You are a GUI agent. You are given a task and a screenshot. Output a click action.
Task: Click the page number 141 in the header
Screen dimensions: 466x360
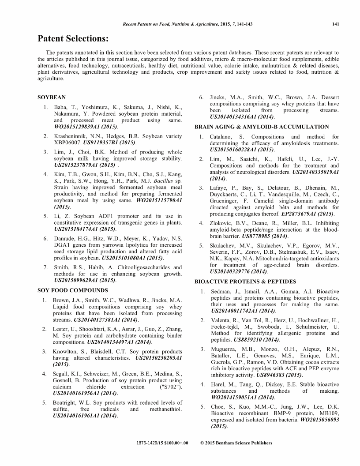tap(335, 25)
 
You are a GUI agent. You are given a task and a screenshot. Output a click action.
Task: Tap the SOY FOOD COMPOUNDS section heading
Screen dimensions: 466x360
tap(72, 290)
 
